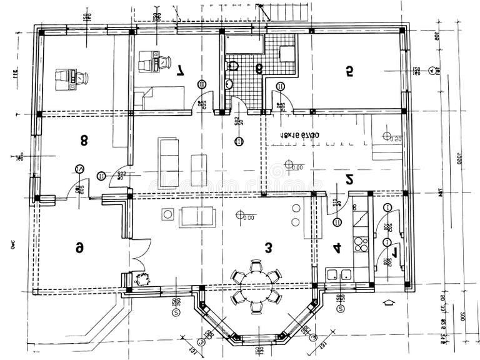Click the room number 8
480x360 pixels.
[84, 140]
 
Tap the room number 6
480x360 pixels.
[79, 247]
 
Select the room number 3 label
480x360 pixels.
[268, 247]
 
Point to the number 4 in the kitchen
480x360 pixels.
[337, 247]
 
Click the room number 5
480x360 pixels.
[349, 72]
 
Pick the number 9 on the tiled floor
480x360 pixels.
[258, 67]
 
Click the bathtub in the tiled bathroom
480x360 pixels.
[245, 43]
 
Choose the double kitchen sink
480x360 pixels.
[339, 274]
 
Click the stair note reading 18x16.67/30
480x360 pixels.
[300, 134]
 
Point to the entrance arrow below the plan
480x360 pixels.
[388, 302]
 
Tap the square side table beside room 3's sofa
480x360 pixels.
[167, 214]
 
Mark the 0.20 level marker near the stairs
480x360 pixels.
[391, 137]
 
